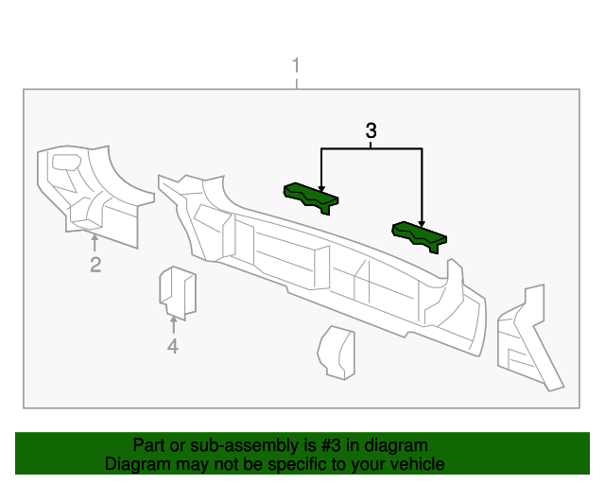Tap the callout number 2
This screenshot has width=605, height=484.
pyautogui.click(x=95, y=265)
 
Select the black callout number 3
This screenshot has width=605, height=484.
pyautogui.click(x=371, y=130)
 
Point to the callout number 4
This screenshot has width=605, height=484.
pyautogui.click(x=172, y=347)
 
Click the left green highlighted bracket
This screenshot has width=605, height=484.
pyautogui.click(x=310, y=197)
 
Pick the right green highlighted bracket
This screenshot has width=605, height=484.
pyautogui.click(x=420, y=236)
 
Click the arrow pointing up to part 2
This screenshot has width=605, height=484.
pyautogui.click(x=95, y=242)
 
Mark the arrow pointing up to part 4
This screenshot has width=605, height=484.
pyautogui.click(x=172, y=324)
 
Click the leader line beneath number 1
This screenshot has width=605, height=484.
pyautogui.click(x=297, y=82)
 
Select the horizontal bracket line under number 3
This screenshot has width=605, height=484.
pyautogui.click(x=371, y=148)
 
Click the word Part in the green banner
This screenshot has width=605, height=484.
pyautogui.click(x=149, y=445)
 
